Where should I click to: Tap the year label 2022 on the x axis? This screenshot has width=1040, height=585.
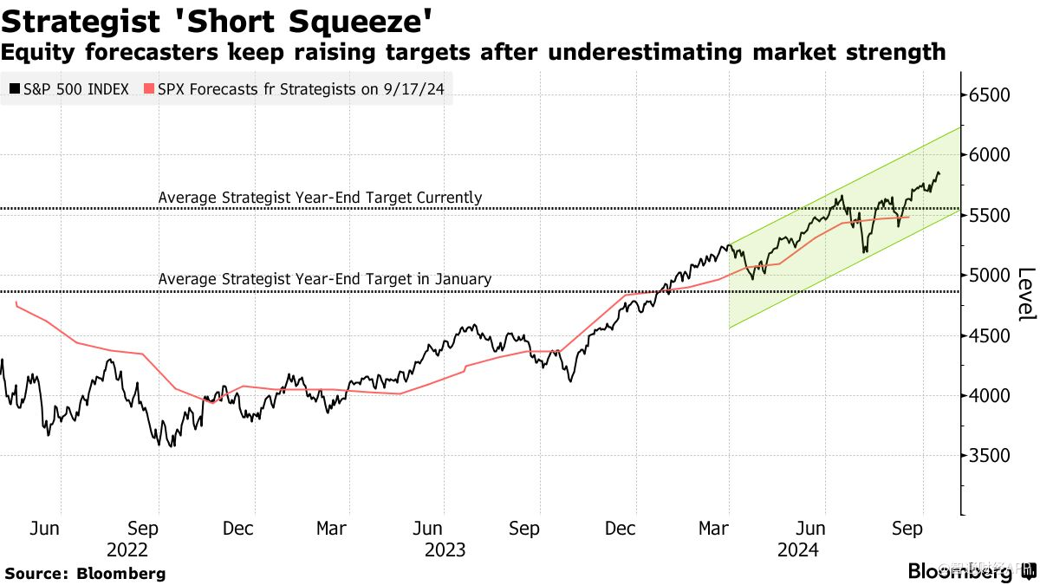click(x=128, y=549)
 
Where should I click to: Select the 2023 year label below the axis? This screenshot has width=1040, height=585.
click(x=445, y=549)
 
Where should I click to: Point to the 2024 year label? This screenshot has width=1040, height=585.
click(x=799, y=549)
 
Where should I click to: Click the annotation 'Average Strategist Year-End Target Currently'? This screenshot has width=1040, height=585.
click(x=320, y=198)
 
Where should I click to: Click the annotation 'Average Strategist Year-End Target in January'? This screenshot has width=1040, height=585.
click(x=324, y=279)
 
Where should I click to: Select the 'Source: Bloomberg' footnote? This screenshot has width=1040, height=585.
click(x=85, y=573)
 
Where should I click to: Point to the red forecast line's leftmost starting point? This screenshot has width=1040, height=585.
click(x=16, y=302)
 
